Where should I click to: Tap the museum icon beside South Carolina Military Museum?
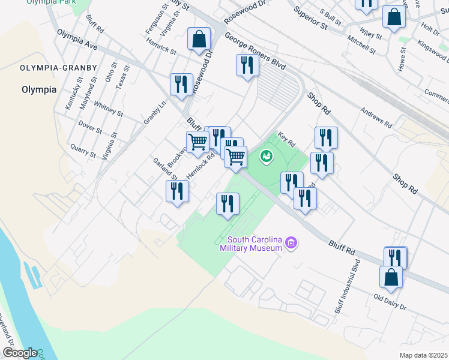pos(292,242)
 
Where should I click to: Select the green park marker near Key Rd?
pos(265,157)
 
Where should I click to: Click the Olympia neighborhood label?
pos(38,89)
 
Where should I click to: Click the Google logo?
pos(20,353)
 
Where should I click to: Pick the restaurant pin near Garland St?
pos(177,192)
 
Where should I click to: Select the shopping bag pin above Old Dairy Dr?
pos(391,278)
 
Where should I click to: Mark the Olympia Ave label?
pos(77,40)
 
